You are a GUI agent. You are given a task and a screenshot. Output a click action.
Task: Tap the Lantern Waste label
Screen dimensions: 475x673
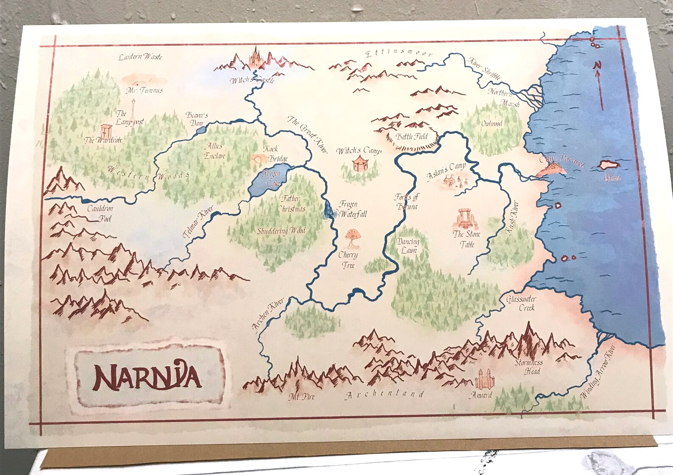pyautogui.click(x=140, y=57)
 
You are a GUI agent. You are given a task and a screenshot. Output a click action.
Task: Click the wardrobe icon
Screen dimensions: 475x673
pyautogui.click(x=106, y=131)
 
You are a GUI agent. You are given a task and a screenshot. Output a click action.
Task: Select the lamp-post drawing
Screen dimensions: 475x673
pyautogui.click(x=133, y=109)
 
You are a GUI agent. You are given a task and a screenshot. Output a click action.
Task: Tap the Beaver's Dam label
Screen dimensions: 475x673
pyautogui.click(x=197, y=119)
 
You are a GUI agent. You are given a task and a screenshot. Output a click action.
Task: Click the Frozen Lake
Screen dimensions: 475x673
pyautogui.click(x=268, y=181)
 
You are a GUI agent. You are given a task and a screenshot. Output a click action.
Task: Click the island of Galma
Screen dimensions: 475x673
pyautogui.click(x=609, y=165)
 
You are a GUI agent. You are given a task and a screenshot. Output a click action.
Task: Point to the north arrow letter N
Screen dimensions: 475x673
pyautogui.click(x=598, y=65)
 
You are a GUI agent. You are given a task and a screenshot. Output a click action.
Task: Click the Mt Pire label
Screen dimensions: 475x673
pyautogui.click(x=301, y=397)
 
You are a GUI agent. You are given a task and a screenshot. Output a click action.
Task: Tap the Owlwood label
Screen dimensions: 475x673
pyautogui.click(x=492, y=124)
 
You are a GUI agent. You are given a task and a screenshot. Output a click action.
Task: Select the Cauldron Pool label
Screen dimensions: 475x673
pyautogui.click(x=100, y=213)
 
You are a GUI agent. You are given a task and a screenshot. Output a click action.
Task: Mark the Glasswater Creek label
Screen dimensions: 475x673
pyautogui.click(x=521, y=303)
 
